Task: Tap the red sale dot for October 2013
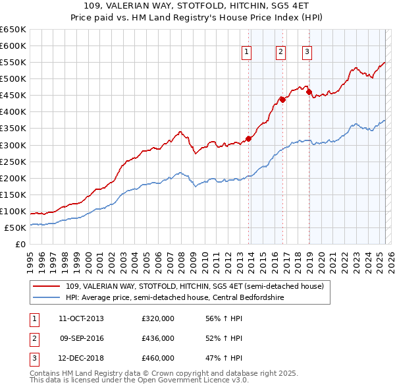click(x=249, y=138)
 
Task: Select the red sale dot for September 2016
click(x=283, y=100)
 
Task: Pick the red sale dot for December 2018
click(x=309, y=92)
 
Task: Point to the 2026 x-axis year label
click(x=388, y=256)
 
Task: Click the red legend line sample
click(x=47, y=287)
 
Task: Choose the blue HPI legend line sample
click(x=47, y=297)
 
